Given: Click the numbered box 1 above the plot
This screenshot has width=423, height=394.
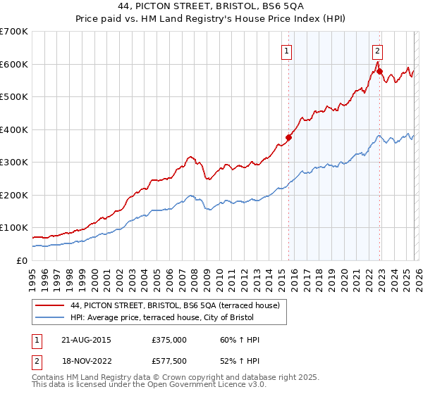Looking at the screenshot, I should point(288,50).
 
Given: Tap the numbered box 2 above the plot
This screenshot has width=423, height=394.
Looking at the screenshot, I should point(378,50).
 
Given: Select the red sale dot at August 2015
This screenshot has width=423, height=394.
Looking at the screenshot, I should point(288,138).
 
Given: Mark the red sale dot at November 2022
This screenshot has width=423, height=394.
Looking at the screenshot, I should point(379,71).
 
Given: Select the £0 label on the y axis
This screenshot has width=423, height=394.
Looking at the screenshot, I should point(22,260).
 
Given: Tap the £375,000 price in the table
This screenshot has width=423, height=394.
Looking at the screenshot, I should point(168,340).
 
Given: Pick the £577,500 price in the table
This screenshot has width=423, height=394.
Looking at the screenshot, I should point(168,362).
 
